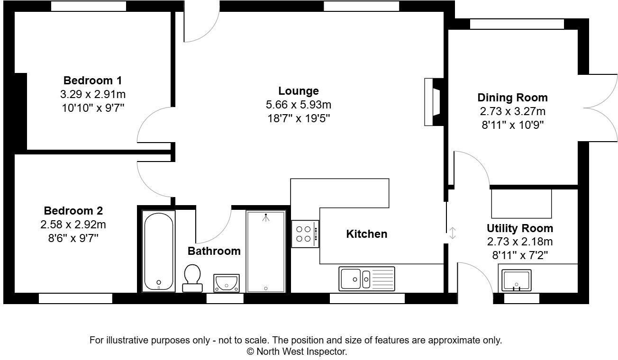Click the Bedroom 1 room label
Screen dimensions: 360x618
(92, 80)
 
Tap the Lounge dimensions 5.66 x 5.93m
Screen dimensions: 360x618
(298, 105)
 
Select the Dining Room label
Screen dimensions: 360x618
(512, 98)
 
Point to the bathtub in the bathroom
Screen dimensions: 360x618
(158, 251)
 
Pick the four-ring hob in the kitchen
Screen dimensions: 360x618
(305, 234)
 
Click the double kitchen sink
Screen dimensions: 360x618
(366, 279)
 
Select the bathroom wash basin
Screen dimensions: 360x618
(227, 283)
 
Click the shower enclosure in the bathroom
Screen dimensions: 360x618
(265, 251)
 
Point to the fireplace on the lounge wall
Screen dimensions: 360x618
(433, 102)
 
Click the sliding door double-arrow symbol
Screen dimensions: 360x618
(453, 233)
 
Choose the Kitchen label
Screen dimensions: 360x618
(366, 234)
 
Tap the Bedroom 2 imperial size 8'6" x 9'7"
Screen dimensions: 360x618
(73, 237)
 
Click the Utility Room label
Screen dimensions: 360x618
(519, 228)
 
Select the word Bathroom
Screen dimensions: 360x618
(214, 251)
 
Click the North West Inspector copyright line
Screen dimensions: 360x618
(297, 352)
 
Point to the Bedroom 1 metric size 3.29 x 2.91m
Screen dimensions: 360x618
(92, 94)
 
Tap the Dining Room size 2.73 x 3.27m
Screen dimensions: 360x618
(512, 112)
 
